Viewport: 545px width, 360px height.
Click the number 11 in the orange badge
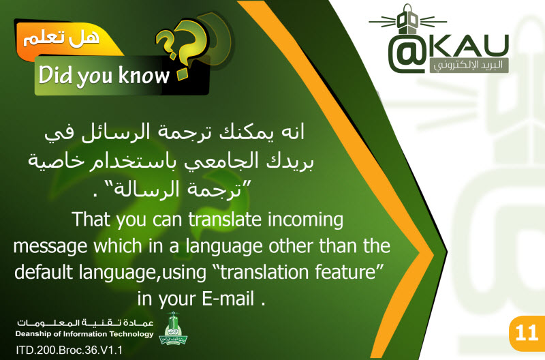pos(527,333)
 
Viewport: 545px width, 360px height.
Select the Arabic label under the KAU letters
pos(469,65)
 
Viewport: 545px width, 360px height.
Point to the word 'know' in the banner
pos(144,75)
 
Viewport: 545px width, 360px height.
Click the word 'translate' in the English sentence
pos(225,220)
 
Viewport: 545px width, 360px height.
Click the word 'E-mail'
pos(228,299)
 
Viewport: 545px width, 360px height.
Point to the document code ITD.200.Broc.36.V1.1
pos(69,350)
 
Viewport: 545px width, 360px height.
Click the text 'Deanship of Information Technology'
pos(84,334)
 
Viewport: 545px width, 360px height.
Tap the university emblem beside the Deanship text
pos(174,329)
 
